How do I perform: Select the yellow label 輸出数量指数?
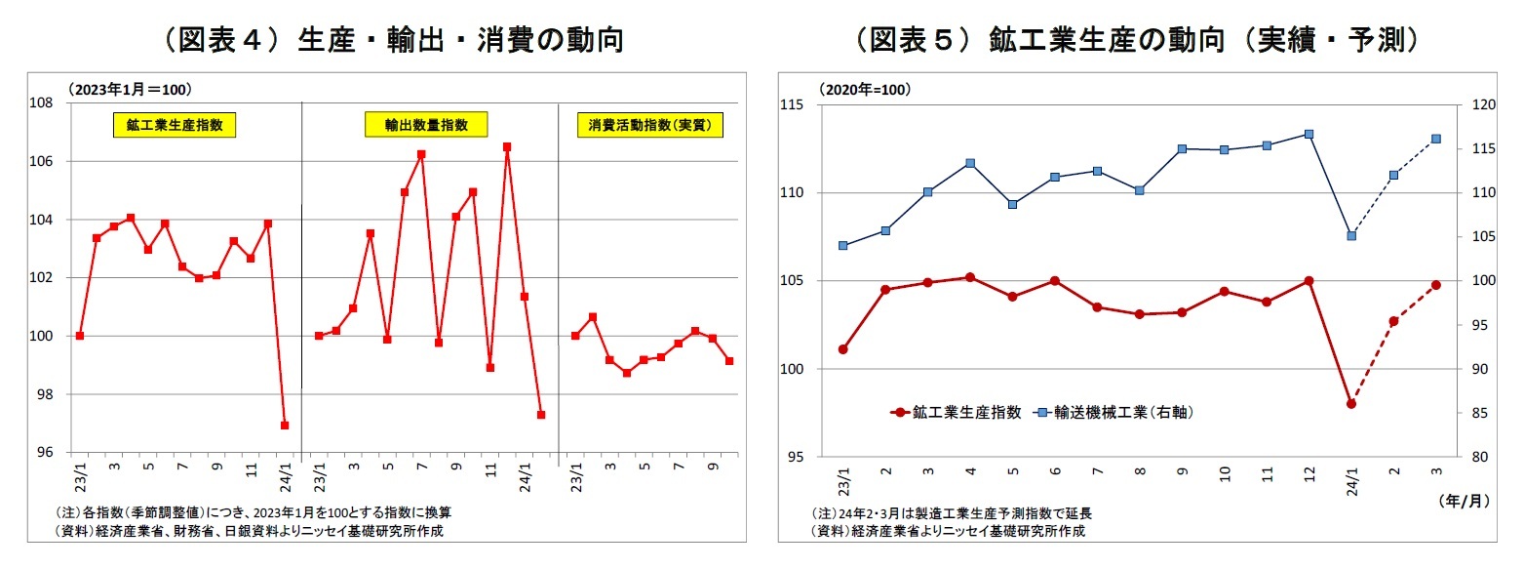426,125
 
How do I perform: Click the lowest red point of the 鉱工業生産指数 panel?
285,426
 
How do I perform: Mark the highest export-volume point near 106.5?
507,147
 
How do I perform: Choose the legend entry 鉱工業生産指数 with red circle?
956,413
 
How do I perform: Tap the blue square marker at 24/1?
1351,235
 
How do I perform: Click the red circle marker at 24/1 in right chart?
1351,404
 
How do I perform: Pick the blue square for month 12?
1309,134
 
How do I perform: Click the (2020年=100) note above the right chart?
864,90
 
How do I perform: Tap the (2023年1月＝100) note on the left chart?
130,89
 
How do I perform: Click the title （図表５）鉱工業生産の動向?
1136,40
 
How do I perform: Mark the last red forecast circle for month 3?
1436,285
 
